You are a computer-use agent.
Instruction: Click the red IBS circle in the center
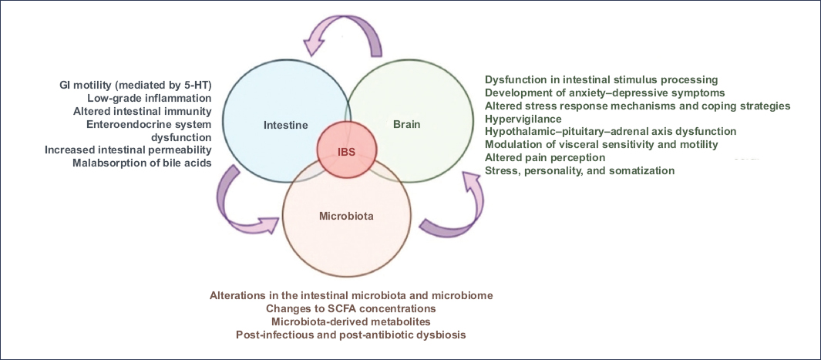[x=347, y=150]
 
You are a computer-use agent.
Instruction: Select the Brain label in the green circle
[x=407, y=124]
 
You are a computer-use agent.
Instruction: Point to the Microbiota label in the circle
[x=346, y=216]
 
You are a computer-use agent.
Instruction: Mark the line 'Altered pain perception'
[x=544, y=157]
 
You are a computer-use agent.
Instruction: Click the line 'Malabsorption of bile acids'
[x=142, y=163]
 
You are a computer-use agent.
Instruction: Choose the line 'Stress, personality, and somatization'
[x=579, y=170]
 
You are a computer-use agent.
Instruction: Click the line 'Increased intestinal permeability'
[x=128, y=150]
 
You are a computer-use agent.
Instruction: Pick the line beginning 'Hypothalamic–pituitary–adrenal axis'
[x=611, y=132]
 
